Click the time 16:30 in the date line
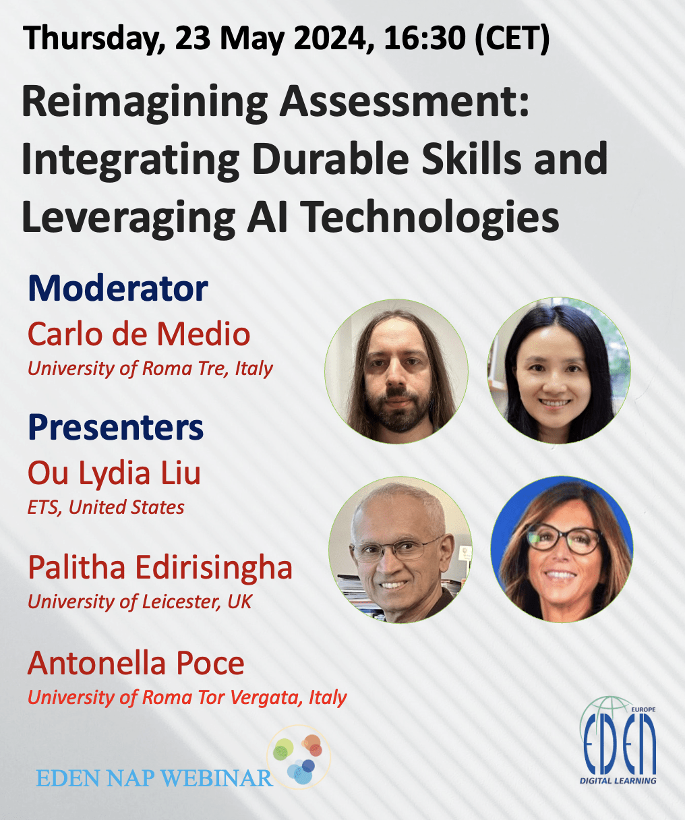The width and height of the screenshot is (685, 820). [x=425, y=38]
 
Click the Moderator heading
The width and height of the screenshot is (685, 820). [x=118, y=288]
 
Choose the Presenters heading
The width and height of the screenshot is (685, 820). [x=115, y=428]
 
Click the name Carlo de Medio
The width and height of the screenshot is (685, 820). [x=139, y=334]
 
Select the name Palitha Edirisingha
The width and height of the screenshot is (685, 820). [x=160, y=568]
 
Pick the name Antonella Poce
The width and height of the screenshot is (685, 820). [x=136, y=663]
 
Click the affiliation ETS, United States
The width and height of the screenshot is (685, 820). [x=106, y=507]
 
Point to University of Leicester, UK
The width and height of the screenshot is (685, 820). [x=140, y=602]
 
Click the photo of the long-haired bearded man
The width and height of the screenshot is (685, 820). [x=396, y=371]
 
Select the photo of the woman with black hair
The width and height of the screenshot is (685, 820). [x=559, y=370]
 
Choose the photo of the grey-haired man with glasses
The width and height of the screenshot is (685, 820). [x=400, y=550]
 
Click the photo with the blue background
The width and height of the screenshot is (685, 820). [x=562, y=550]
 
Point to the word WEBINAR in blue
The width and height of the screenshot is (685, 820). [x=216, y=778]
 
